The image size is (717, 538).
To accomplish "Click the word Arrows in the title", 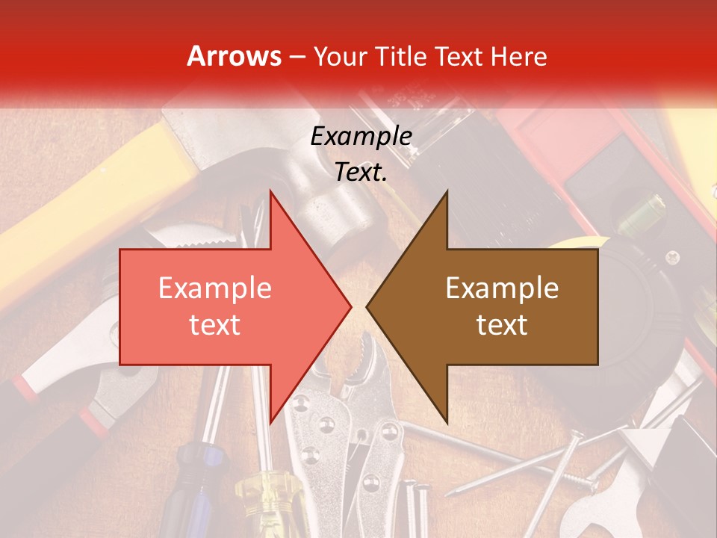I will click(x=235, y=56).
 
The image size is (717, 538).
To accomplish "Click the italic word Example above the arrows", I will click(x=361, y=136).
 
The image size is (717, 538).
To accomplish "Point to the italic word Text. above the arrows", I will click(x=361, y=172).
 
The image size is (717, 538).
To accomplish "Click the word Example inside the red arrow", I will click(x=215, y=288).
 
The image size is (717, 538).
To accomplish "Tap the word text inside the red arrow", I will click(x=215, y=324).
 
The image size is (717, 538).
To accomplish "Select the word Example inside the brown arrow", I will click(x=502, y=288).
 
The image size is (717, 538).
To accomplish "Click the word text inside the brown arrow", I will click(x=502, y=324).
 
